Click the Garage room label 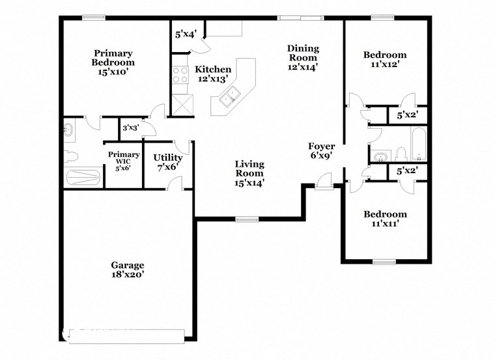(x=127, y=265)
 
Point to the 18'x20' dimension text (x=127, y=275)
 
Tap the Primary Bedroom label (x=113, y=58)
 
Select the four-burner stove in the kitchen (x=179, y=75)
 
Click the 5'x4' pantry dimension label (x=186, y=34)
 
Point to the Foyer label (x=322, y=146)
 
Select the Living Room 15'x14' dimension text (x=249, y=183)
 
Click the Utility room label (x=168, y=158)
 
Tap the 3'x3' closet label (x=131, y=128)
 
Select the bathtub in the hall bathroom (x=417, y=144)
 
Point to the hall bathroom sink (x=380, y=157)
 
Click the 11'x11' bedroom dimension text (x=384, y=224)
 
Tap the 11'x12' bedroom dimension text (x=384, y=64)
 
